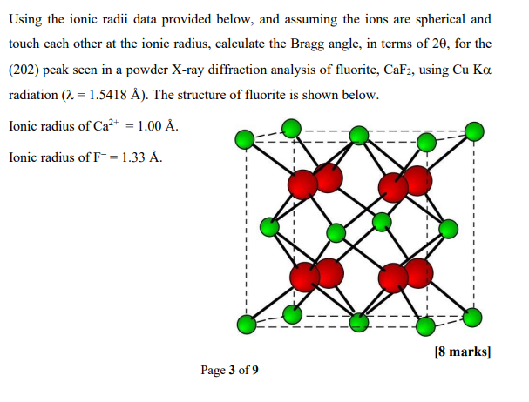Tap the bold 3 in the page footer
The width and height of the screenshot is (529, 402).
(232, 370)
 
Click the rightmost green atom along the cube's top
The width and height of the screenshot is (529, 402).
(474, 131)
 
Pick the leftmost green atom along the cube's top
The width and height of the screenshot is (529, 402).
(247, 137)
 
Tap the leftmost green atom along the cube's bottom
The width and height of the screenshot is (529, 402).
(247, 325)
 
